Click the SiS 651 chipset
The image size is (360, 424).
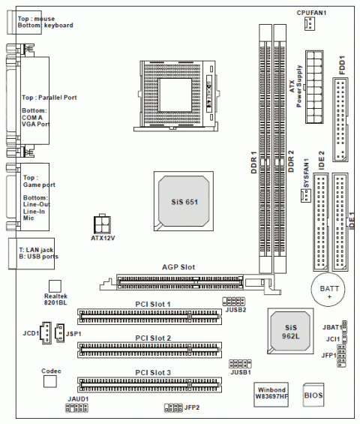[x=184, y=201]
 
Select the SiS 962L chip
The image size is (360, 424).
[x=290, y=331]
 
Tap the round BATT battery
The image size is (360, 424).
[x=328, y=290]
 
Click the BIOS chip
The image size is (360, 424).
[x=313, y=395]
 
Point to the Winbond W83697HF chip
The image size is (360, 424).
[x=271, y=395]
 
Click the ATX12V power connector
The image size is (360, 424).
[x=102, y=224]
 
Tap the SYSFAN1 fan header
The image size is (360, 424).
[x=306, y=195]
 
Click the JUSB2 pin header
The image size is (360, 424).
[x=234, y=301]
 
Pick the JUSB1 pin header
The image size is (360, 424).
[x=240, y=364]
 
